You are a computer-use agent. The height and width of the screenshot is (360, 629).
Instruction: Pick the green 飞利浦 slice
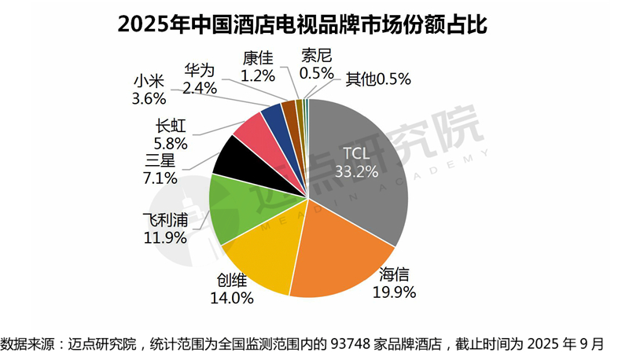(x=236, y=208)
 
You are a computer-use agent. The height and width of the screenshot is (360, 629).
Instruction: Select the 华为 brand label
(x=200, y=68)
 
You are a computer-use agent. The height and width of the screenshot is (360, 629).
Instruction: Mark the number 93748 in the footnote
(x=355, y=344)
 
